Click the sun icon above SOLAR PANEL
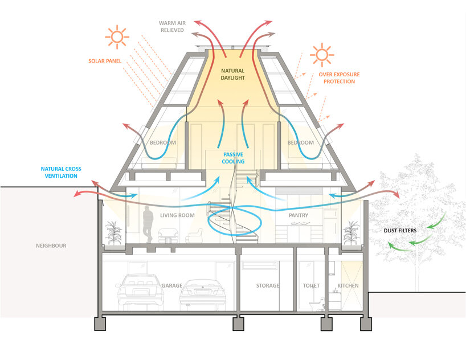click(x=117, y=37)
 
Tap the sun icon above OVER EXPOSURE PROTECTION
click(x=322, y=55)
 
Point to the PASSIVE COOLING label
click(x=233, y=158)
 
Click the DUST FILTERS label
click(x=399, y=231)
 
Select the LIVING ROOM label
click(x=177, y=215)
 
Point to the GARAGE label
click(x=171, y=285)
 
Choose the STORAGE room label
click(x=268, y=285)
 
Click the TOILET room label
click(x=311, y=285)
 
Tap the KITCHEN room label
click(x=348, y=285)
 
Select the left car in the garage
click(x=137, y=292)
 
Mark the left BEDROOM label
click(x=162, y=142)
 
